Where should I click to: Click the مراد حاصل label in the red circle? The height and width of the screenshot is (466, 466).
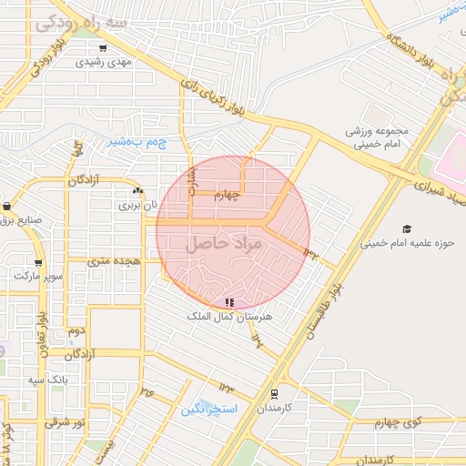[224, 245]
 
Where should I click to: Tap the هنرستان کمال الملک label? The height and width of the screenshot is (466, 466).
[229, 316]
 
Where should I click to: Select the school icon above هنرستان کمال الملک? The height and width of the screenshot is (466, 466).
[229, 301]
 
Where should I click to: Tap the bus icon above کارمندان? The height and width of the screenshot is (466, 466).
[274, 393]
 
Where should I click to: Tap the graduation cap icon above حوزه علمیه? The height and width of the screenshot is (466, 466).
[407, 228]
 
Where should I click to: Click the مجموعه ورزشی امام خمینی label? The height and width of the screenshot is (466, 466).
[378, 137]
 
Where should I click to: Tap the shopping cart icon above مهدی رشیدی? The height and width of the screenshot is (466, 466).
[103, 47]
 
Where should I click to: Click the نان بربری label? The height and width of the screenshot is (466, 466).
[137, 206]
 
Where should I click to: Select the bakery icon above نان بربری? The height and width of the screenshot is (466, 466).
[137, 191]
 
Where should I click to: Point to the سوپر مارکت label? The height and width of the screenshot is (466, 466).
[43, 274]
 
